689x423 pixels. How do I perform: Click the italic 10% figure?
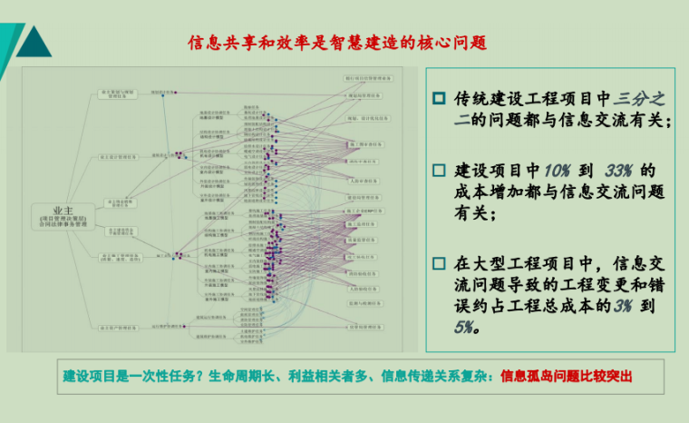pos(558,170)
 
